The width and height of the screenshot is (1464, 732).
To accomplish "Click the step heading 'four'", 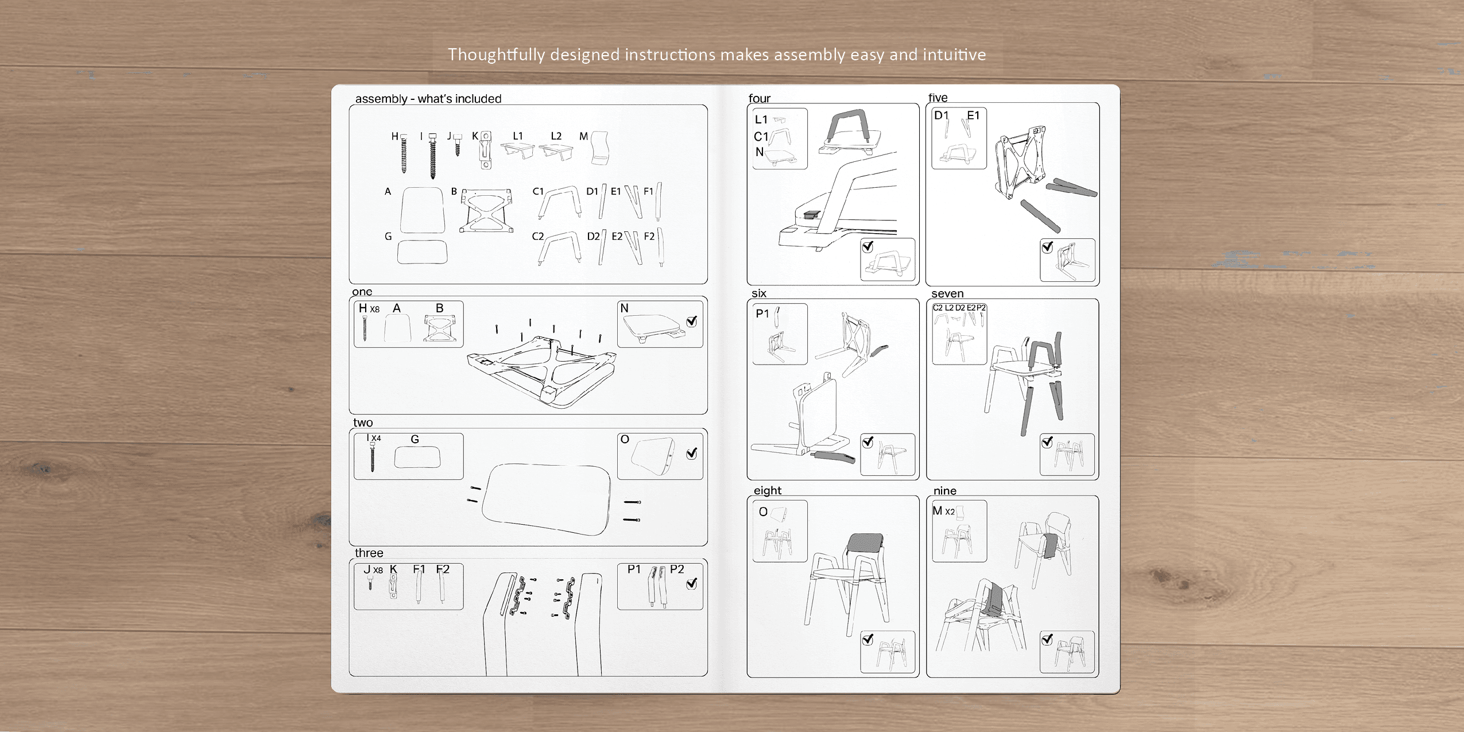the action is point(759,98).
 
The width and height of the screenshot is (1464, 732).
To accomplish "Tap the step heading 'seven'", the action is point(947,293).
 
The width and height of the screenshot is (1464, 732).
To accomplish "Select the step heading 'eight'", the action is point(768,490).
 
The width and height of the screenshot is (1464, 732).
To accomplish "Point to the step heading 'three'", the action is point(369,552).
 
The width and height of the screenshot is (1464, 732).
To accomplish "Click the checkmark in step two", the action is point(692,453).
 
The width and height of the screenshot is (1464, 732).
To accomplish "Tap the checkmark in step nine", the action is point(1047,639).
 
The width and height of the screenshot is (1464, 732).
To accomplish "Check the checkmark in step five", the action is point(1047,246).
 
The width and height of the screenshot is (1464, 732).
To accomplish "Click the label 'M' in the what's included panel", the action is point(583,136).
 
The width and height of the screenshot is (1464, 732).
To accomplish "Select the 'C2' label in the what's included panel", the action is point(537,236).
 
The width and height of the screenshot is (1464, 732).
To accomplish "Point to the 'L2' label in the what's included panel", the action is point(556,136).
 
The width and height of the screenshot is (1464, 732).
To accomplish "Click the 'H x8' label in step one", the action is point(369,308).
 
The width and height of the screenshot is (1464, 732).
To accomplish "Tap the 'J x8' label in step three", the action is point(373,569).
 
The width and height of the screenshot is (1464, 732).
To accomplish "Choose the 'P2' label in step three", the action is point(677,569).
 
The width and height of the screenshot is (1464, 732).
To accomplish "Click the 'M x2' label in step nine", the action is point(943,510).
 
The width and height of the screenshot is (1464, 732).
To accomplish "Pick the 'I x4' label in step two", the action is point(374,437).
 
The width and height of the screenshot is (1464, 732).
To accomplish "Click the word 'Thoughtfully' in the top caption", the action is point(497,55).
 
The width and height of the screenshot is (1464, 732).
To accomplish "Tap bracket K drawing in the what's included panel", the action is point(486,150).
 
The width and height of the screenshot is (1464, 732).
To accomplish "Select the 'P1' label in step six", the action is point(762,313).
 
